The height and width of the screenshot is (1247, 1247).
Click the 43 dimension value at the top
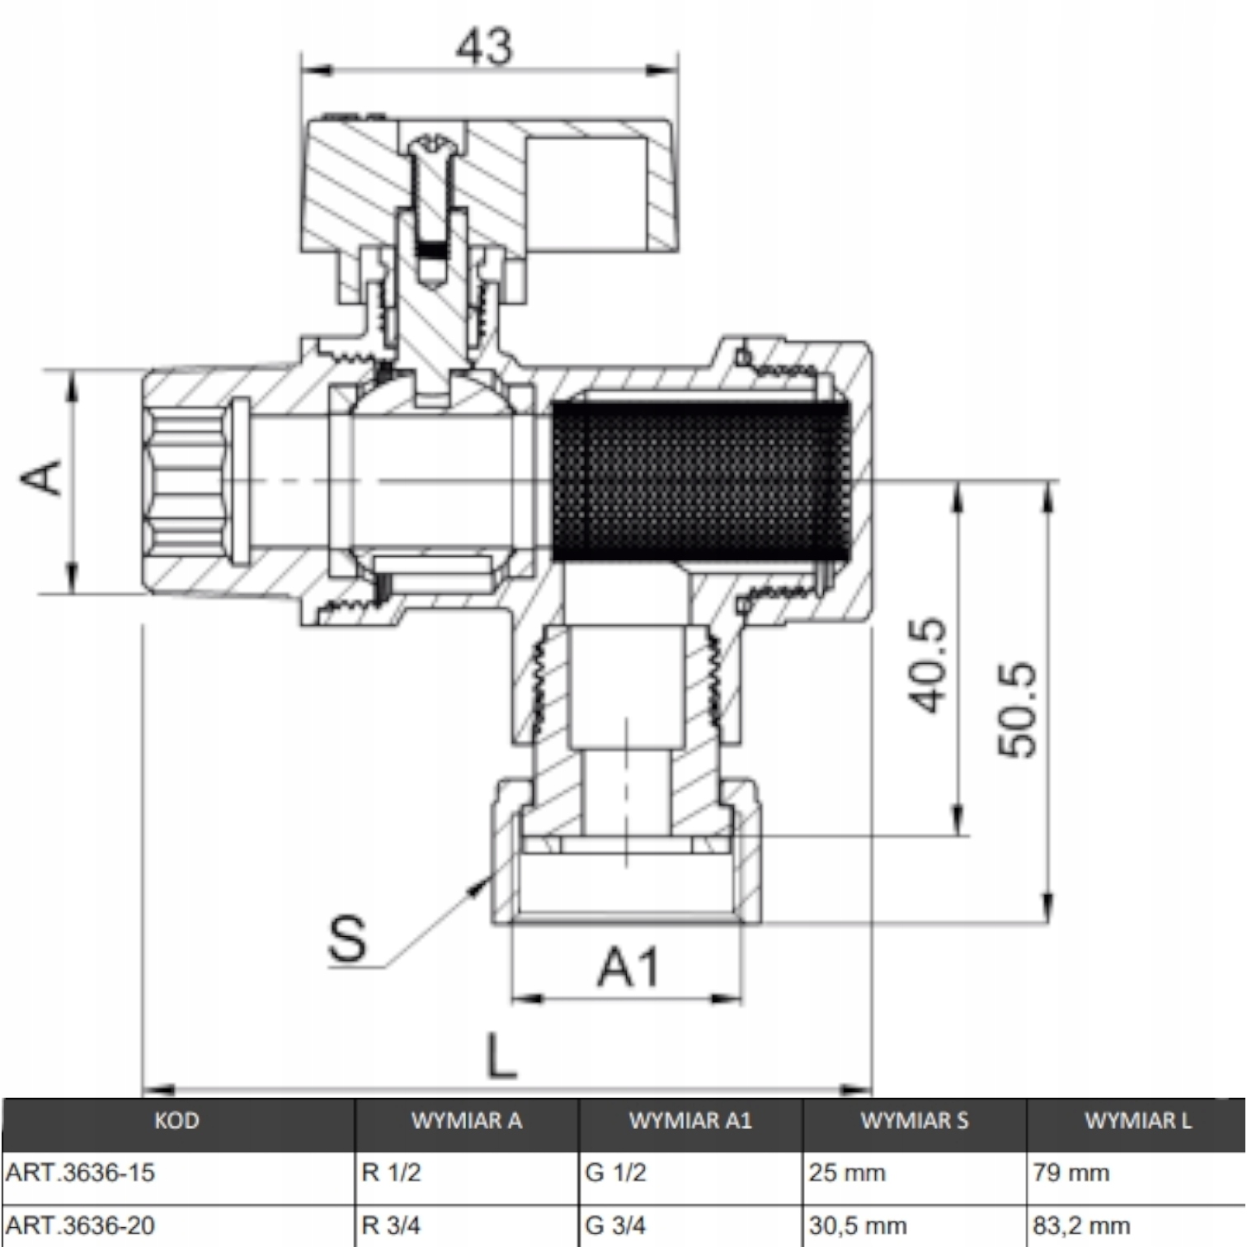click(x=485, y=47)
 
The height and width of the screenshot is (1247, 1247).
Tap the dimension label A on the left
click(x=41, y=478)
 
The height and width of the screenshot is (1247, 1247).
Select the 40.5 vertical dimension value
click(x=927, y=665)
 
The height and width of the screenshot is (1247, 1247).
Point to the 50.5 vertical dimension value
click(x=1017, y=708)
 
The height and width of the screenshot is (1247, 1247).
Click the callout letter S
click(x=347, y=938)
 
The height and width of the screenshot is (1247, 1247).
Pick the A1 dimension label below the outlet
click(x=628, y=967)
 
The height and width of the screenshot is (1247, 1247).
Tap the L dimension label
click(x=501, y=1056)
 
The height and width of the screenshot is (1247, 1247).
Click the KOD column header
click(x=176, y=1120)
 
